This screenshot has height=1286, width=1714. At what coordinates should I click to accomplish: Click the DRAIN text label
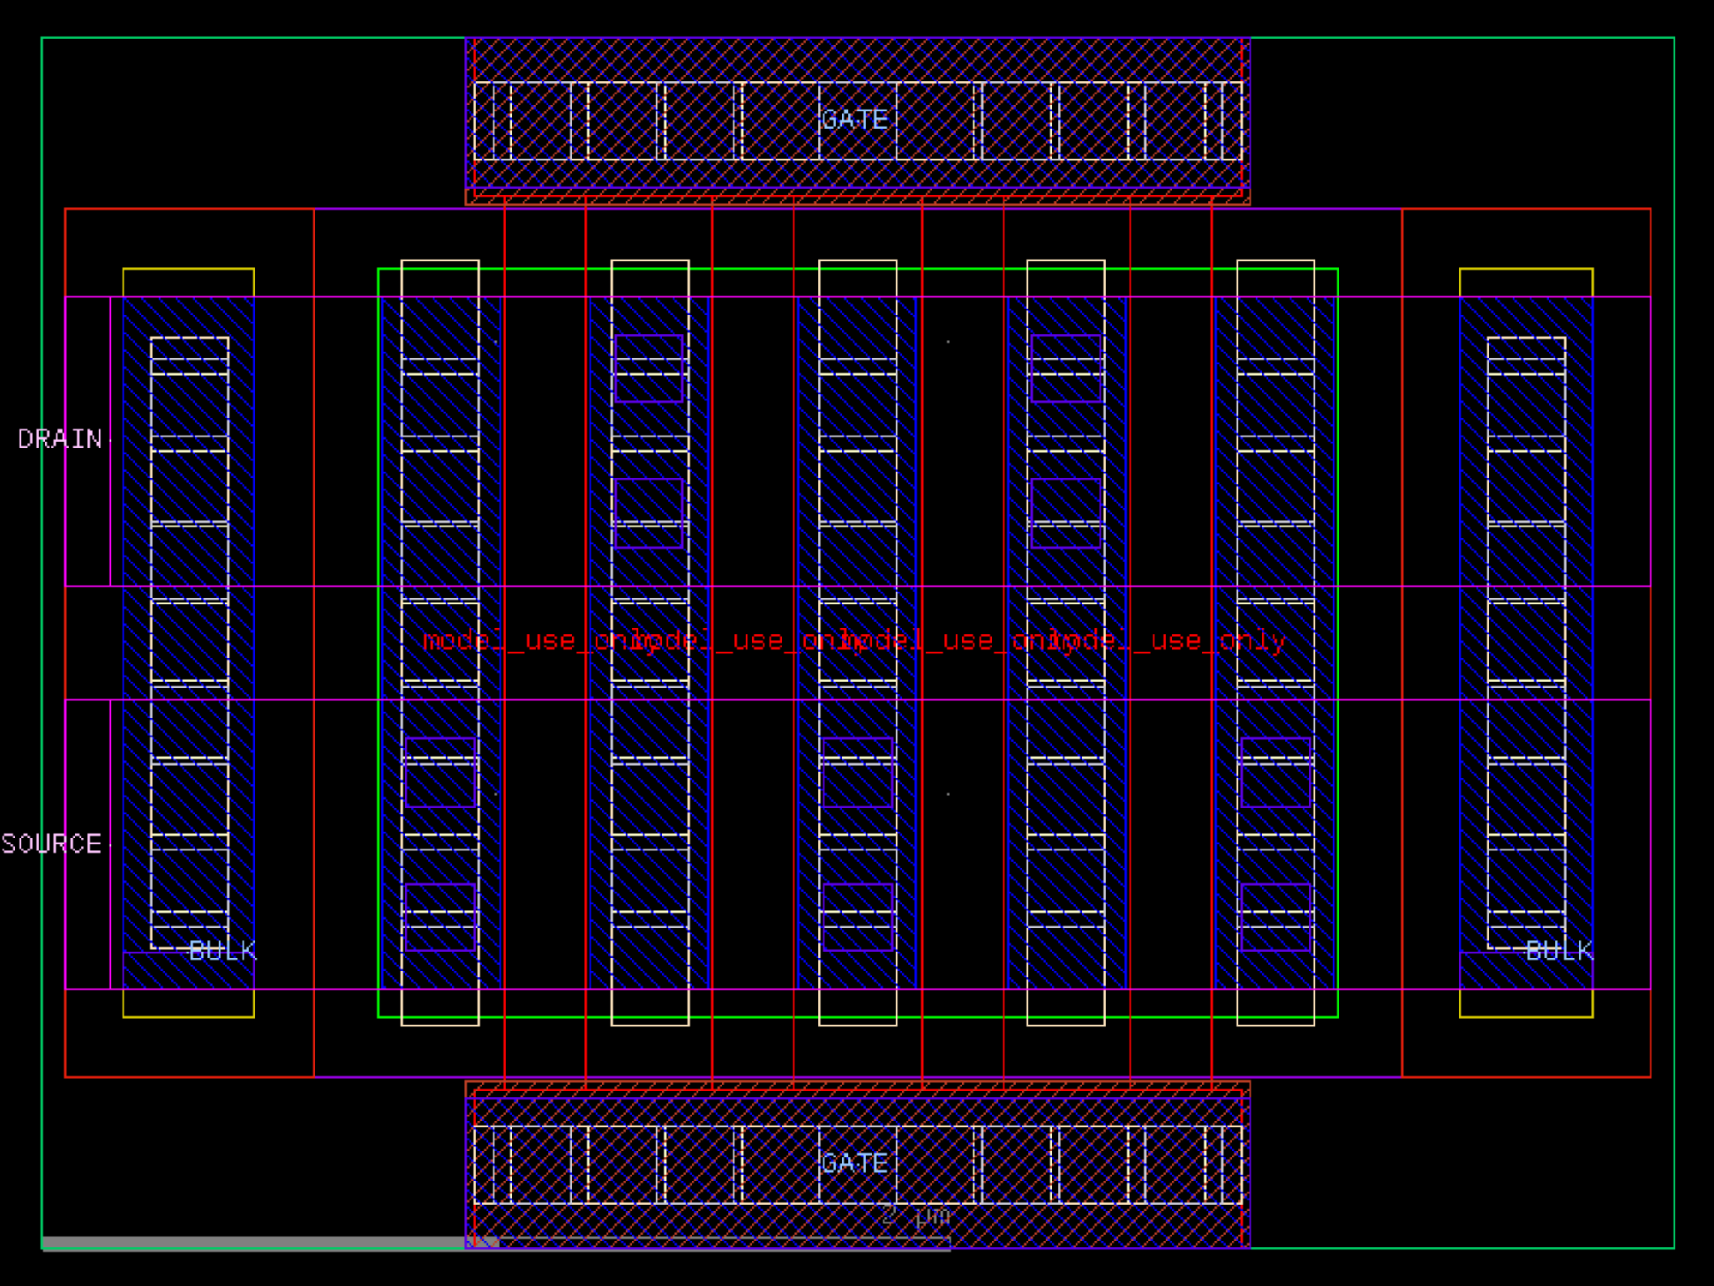pyautogui.click(x=60, y=439)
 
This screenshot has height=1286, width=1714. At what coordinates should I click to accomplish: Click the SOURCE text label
pyautogui.click(x=51, y=844)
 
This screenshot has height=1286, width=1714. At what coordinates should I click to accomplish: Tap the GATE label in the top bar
pyautogui.click(x=854, y=120)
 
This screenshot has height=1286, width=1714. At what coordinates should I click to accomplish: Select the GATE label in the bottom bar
pyautogui.click(x=854, y=1163)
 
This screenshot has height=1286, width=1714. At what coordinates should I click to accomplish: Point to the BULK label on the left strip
pyautogui.click(x=222, y=951)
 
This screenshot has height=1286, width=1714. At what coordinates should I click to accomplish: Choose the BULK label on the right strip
pyautogui.click(x=1559, y=951)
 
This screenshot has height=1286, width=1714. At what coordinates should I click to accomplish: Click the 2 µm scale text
pyautogui.click(x=915, y=1217)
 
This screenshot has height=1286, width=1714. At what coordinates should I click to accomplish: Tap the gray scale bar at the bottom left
pyautogui.click(x=257, y=1242)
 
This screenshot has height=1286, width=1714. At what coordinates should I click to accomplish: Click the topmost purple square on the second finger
pyautogui.click(x=649, y=369)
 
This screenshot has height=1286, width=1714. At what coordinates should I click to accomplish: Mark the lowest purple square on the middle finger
pyautogui.click(x=857, y=916)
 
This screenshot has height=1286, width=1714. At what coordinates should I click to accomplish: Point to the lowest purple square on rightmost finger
pyautogui.click(x=1275, y=916)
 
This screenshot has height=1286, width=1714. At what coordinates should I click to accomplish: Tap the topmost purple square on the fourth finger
pyautogui.click(x=1065, y=369)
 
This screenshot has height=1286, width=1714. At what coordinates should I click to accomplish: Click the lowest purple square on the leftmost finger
pyautogui.click(x=440, y=916)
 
